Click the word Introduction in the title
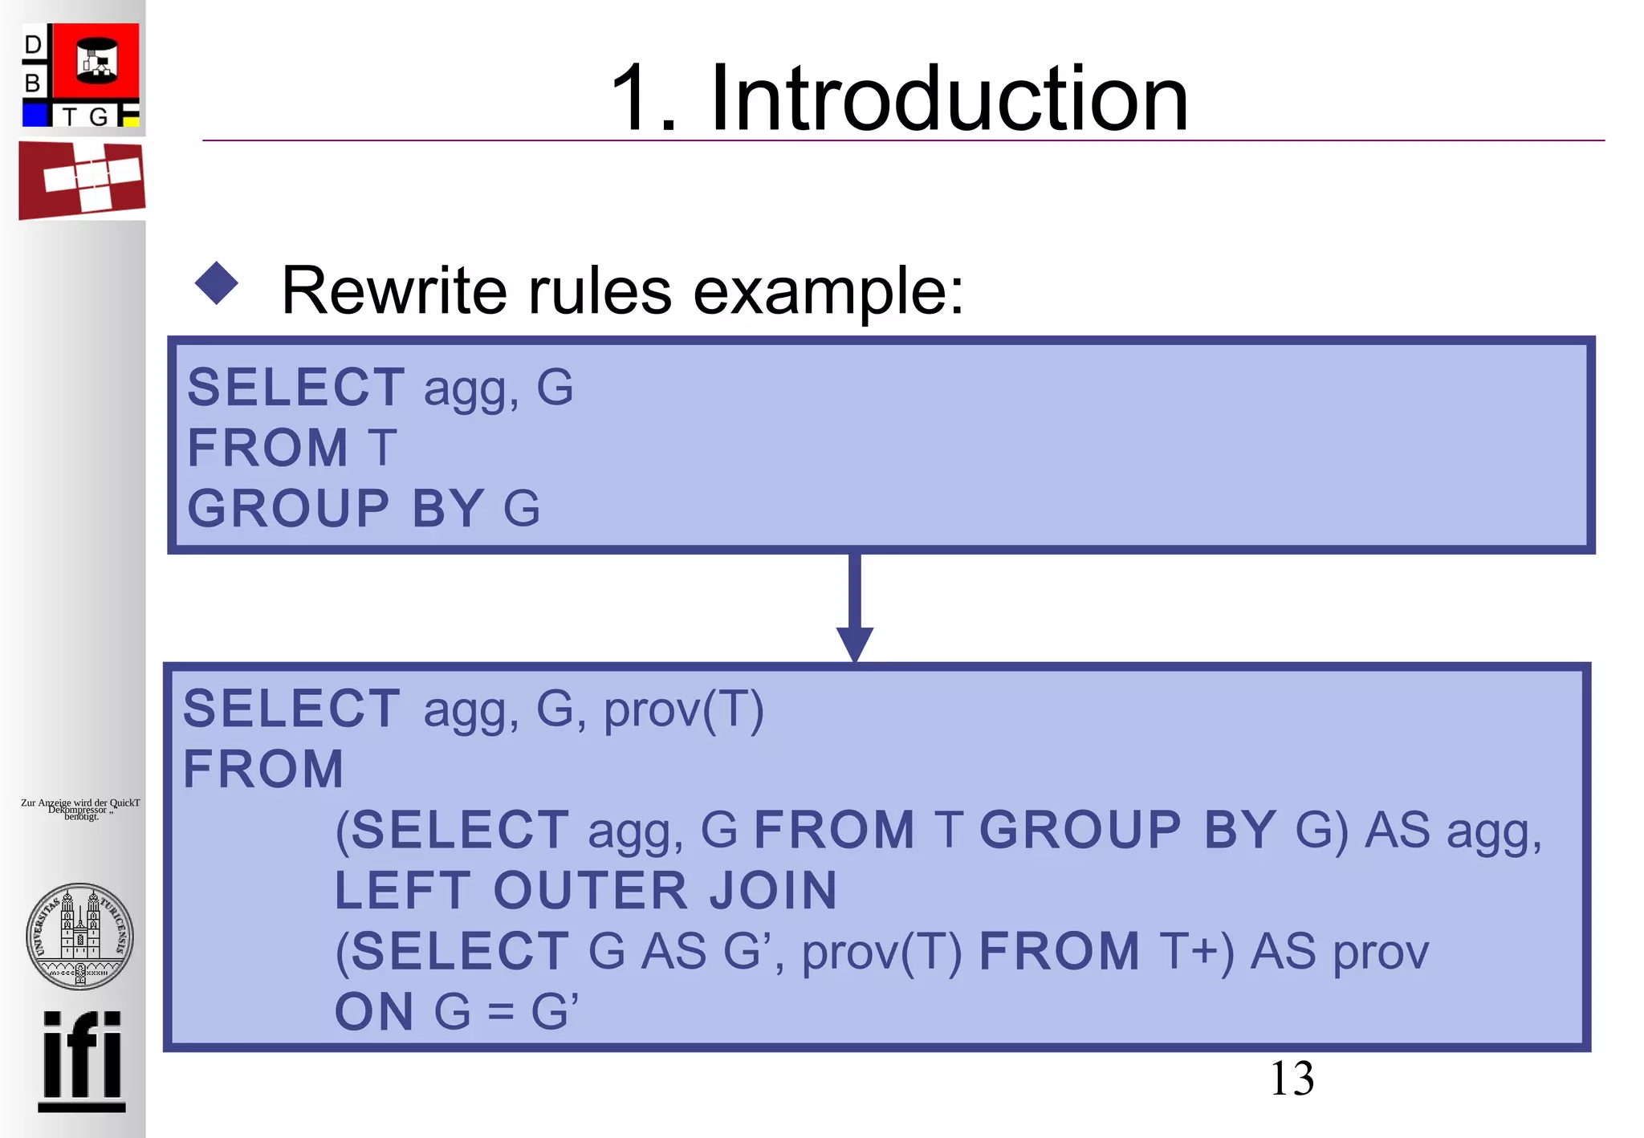(948, 99)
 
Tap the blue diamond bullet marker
(217, 283)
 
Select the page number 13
(1292, 1079)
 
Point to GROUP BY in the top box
(335, 508)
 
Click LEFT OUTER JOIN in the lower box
(585, 890)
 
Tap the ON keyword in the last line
(373, 1011)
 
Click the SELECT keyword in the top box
(295, 387)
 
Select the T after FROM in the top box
(382, 448)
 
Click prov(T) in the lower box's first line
(683, 709)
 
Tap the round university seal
(79, 936)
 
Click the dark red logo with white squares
(82, 180)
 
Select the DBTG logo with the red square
(81, 75)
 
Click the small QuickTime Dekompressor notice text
(80, 809)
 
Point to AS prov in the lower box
(1339, 952)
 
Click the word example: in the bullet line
(828, 291)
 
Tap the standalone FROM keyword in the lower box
(263, 769)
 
